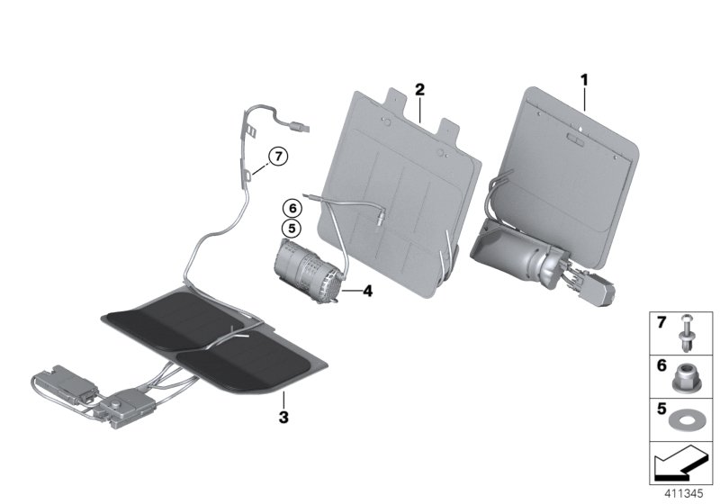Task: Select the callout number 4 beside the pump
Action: (366, 290)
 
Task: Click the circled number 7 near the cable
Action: (278, 157)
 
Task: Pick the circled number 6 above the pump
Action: (291, 208)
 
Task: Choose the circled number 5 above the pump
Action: (291, 228)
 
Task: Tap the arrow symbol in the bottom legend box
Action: (680, 466)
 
